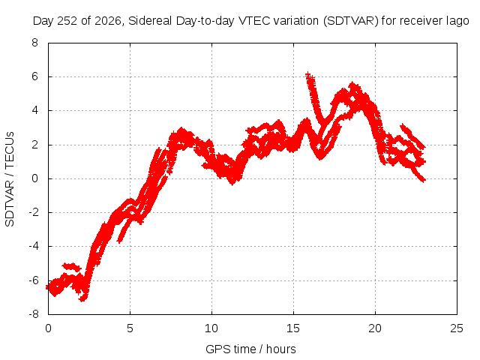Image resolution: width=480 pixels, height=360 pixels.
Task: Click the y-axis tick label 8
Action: click(35, 43)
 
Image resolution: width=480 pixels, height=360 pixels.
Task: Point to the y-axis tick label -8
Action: click(34, 314)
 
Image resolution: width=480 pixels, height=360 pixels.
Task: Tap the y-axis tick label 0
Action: click(35, 178)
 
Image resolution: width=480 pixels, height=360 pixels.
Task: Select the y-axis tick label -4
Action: click(34, 246)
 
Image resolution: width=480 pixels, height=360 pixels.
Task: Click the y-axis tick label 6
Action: click(35, 76)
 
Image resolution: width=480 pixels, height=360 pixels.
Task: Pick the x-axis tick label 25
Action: click(457, 328)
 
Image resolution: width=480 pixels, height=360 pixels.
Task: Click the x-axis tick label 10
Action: click(211, 328)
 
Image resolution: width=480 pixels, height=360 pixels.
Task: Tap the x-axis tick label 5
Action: click(130, 328)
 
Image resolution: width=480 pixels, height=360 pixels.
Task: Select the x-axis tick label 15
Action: click(293, 328)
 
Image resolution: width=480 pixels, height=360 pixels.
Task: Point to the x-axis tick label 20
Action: click(375, 328)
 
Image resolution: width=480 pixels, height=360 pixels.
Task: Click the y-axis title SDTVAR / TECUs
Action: click(10, 179)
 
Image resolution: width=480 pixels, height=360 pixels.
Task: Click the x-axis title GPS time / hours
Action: click(250, 349)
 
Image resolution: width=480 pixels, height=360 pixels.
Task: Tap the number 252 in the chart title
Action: click(69, 21)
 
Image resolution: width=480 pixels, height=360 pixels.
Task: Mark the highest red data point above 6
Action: click(308, 73)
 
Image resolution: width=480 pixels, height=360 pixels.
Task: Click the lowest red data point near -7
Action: click(82, 299)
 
